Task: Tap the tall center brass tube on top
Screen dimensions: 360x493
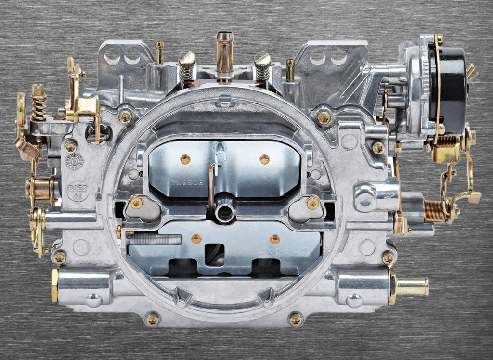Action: [x=224, y=53]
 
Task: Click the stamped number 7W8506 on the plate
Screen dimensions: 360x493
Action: [x=187, y=183]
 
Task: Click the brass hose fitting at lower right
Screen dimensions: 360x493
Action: [x=412, y=286]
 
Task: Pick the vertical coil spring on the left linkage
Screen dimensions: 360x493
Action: [x=39, y=105]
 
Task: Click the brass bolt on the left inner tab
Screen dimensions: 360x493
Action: [x=136, y=202]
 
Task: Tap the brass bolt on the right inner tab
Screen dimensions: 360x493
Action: [x=312, y=203]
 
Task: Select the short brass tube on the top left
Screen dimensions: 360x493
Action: [x=159, y=53]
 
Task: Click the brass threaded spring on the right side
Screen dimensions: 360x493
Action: [x=436, y=212]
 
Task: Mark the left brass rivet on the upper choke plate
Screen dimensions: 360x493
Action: [x=185, y=159]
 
